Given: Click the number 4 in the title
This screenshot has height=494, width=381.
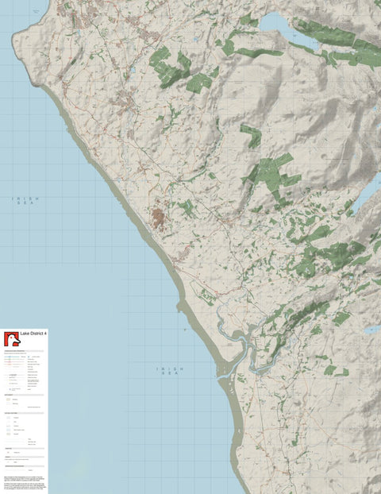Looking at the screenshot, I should point(44,334).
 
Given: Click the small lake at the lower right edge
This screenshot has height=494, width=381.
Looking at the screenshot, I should point(371,329).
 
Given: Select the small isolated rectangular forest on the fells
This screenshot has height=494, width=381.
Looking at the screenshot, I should point(251,135).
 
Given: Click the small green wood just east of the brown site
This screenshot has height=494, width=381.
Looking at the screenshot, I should point(186,209).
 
